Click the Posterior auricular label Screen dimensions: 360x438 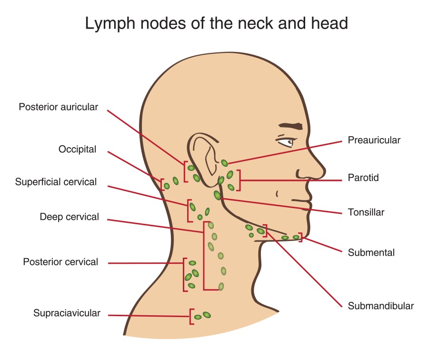(58, 107)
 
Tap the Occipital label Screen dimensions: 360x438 (77, 150)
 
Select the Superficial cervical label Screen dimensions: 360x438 (56, 182)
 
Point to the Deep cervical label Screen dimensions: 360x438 (70, 217)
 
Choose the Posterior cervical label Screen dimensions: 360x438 (60, 262)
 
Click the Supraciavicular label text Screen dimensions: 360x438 (67, 313)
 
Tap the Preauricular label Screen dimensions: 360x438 (374, 140)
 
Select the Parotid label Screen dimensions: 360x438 (363, 178)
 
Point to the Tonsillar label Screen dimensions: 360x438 (366, 212)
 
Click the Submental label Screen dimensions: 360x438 (371, 252)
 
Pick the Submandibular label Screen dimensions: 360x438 (380, 306)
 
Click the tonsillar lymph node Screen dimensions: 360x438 (218, 195)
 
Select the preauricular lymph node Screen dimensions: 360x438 (224, 163)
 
